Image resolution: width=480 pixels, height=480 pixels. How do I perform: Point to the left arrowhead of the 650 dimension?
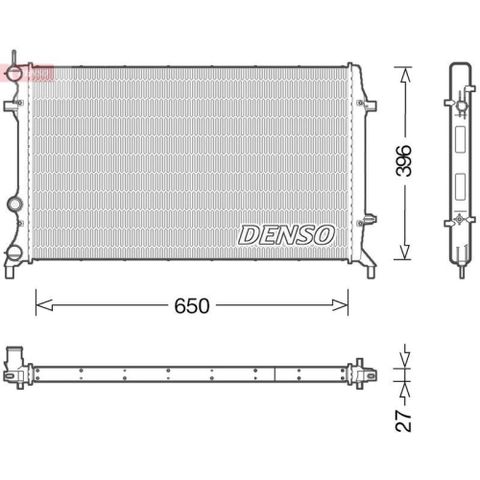click(x=39, y=305)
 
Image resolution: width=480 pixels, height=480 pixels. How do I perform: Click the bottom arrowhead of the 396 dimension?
click(x=404, y=257)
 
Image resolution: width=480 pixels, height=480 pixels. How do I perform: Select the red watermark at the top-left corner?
click(x=26, y=71)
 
